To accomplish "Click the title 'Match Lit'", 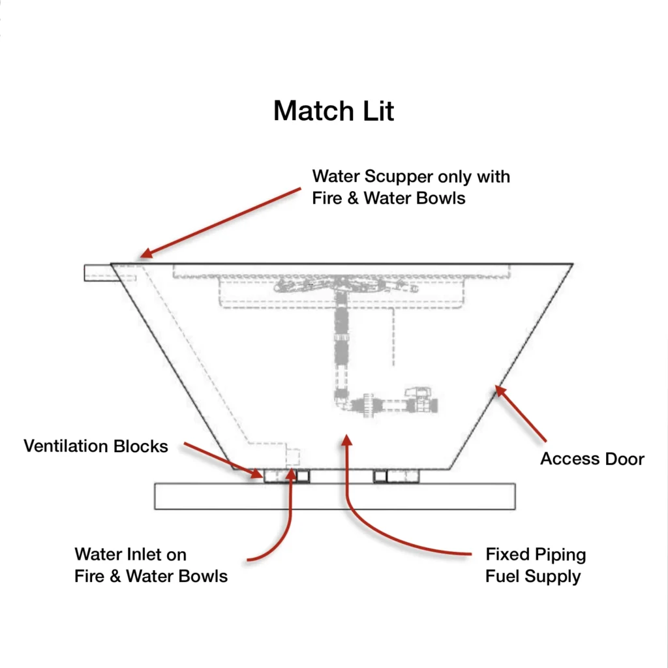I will point(334,111).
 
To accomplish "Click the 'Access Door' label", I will point(592,459).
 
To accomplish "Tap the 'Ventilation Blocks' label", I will point(96,446).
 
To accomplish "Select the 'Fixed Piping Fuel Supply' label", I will point(536,566).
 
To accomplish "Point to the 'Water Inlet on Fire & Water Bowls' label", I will point(151,566).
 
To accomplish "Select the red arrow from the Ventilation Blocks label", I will point(218,459).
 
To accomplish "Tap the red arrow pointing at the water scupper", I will point(215,222).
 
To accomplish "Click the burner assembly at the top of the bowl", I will point(339,284).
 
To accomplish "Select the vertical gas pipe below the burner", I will point(341,339).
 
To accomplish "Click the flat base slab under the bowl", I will point(334,496).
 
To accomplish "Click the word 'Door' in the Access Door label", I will point(624,459).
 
